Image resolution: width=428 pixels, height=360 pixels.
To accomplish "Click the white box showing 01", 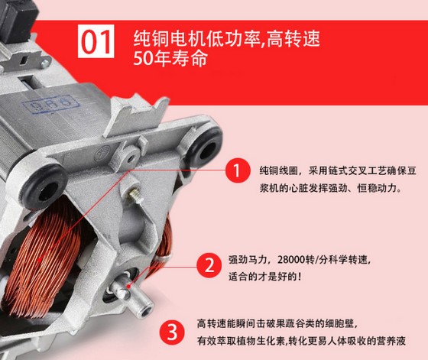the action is click(x=96, y=41).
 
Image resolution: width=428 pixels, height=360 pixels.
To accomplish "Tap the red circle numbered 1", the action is click(x=238, y=170).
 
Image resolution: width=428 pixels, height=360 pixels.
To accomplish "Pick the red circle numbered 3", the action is click(x=172, y=332).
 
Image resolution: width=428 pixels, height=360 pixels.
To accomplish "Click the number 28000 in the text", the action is click(x=291, y=260).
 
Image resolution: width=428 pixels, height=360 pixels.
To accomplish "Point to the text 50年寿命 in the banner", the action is click(x=170, y=58).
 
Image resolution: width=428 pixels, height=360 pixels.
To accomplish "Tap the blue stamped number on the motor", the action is click(x=50, y=104).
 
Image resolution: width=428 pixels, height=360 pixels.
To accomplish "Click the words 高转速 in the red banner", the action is click(x=293, y=38).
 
